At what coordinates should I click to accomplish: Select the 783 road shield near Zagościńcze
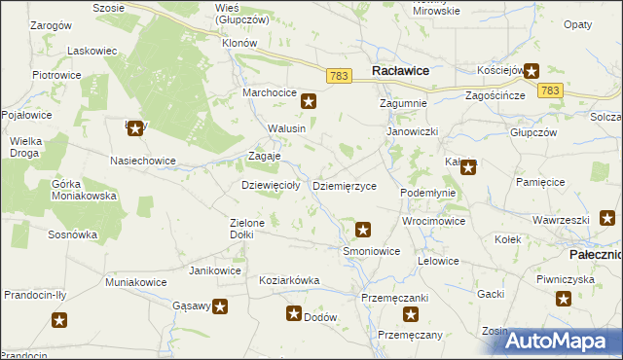click(x=550, y=90)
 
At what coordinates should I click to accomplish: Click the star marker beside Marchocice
click(x=309, y=99)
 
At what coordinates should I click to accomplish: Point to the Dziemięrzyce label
click(x=344, y=186)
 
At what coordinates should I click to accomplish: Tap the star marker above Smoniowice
click(x=363, y=231)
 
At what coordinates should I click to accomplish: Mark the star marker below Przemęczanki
click(x=411, y=314)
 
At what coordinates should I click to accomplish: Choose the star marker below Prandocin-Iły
click(x=59, y=320)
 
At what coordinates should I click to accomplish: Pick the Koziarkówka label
click(x=289, y=280)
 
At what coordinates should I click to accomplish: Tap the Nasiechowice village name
click(x=143, y=161)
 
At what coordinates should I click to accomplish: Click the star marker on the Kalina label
click(x=468, y=167)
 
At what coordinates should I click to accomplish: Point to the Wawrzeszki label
click(x=561, y=220)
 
